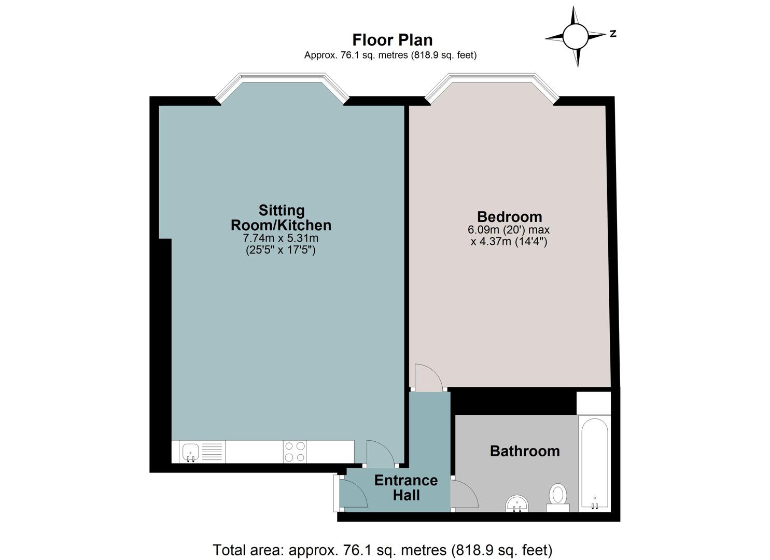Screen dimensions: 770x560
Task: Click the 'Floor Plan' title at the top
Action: click(x=392, y=40)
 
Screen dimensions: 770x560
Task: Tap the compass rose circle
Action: click(x=576, y=36)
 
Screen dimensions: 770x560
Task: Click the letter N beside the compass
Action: click(x=612, y=34)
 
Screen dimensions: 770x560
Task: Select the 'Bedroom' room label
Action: click(x=509, y=217)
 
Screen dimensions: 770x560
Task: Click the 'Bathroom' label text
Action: click(x=525, y=451)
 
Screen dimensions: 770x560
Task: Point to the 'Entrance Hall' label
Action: click(x=406, y=487)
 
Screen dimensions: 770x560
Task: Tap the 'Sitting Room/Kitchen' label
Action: click(x=281, y=218)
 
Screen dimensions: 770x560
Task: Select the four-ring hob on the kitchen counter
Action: click(x=295, y=451)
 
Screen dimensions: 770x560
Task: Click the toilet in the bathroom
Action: click(x=557, y=498)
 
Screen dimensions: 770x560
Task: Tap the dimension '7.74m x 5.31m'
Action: click(x=281, y=238)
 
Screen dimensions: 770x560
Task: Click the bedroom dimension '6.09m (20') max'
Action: click(x=509, y=230)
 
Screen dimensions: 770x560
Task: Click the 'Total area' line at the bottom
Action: click(x=383, y=550)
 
